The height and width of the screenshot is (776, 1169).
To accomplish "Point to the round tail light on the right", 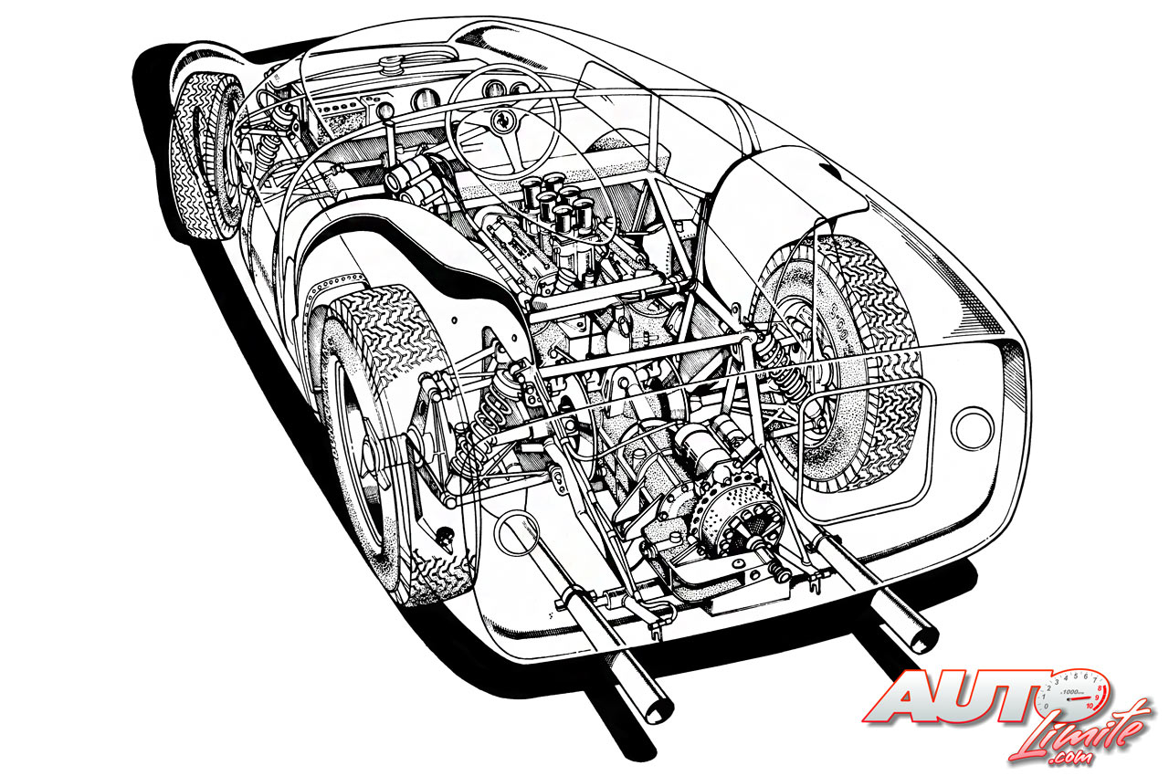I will click(x=972, y=426).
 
